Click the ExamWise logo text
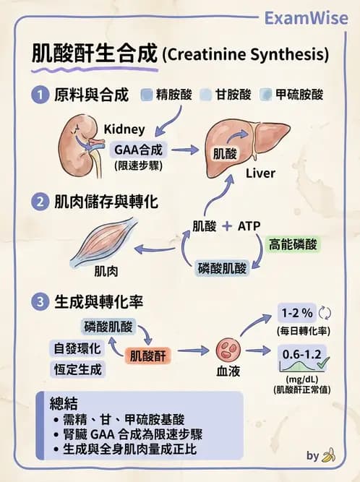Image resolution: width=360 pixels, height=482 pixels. [x=306, y=17]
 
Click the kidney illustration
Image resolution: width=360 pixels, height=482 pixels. [x=78, y=143]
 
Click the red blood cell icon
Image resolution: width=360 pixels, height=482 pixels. [x=228, y=350]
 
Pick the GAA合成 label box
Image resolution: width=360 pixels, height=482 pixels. [x=140, y=150]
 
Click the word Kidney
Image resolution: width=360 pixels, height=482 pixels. [x=124, y=129]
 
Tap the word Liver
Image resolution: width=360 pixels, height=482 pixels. [x=260, y=173]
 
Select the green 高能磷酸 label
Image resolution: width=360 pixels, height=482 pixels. [x=293, y=244]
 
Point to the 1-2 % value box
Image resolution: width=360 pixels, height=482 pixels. [x=297, y=314]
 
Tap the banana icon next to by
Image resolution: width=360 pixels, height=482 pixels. [x=329, y=455]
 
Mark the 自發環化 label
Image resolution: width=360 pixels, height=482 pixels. [x=77, y=348]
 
